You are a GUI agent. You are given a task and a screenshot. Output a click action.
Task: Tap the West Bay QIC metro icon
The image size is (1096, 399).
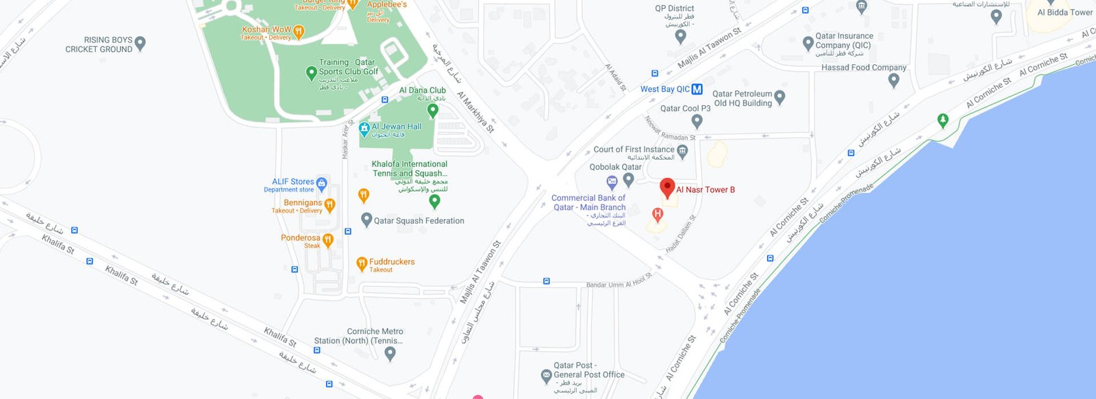pos(697,89)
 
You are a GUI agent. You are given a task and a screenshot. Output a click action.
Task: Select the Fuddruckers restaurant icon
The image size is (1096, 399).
pos(362,263)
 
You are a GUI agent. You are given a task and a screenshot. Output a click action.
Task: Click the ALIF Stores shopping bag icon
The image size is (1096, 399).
pos(321,183)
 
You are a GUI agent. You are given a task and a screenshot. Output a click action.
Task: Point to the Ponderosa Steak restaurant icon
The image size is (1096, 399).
pos(327,240)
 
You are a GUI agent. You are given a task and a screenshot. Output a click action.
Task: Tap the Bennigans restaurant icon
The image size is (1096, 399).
pos(329,205)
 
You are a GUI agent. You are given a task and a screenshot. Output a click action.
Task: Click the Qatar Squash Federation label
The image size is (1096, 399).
pos(419,221)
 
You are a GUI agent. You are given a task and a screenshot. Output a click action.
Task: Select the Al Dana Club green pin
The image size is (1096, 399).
pos(432,110)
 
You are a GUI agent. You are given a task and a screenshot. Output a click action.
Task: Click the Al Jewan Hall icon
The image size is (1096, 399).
pos(364,129)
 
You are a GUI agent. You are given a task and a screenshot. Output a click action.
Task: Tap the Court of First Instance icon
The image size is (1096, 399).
pos(682,151)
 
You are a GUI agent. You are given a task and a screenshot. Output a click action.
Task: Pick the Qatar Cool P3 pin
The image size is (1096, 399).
pos(697,121)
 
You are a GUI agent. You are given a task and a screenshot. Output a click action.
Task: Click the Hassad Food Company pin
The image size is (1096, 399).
pos(893,79)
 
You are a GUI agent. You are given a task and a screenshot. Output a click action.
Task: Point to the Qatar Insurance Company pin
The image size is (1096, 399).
pos(808,43)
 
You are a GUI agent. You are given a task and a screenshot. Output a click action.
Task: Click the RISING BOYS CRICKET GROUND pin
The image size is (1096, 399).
pos(140,43)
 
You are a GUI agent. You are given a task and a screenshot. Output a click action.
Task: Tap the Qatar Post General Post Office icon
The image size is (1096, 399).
pos(546,375)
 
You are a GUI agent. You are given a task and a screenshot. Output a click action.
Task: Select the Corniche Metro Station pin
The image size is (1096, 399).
pos(390,353)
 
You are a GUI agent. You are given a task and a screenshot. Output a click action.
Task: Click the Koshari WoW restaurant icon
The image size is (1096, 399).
pos(298,31)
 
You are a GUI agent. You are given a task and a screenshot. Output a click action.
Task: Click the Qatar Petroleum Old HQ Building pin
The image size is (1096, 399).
pos(780,96)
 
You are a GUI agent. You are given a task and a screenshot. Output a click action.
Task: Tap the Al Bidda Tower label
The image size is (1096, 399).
pos(1064,12)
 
